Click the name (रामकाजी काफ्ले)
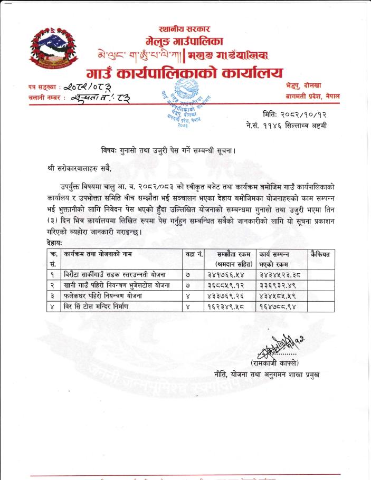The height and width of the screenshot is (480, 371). tap(274, 363)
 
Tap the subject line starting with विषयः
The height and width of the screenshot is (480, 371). tap(168, 150)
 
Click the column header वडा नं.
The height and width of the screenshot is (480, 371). tap(194, 254)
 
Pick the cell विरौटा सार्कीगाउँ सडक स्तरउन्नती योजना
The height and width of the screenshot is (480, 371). tap(115, 274)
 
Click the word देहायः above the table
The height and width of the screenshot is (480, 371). tap(54, 243)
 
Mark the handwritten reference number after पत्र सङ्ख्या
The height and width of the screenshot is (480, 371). tap(96, 86)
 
